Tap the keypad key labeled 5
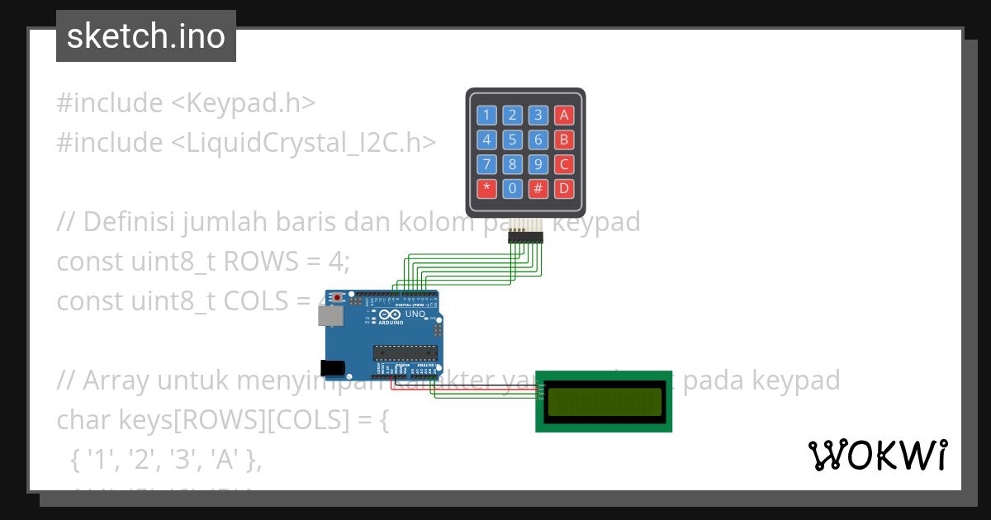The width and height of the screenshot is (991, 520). click(x=513, y=139)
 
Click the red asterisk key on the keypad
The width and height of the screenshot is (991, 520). click(x=486, y=188)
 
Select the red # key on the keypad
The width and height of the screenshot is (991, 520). click(x=538, y=188)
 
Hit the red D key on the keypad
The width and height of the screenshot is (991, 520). click(x=564, y=188)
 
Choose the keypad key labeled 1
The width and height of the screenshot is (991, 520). click(x=486, y=115)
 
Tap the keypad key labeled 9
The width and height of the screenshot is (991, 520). click(x=538, y=163)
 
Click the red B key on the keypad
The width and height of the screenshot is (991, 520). click(x=564, y=139)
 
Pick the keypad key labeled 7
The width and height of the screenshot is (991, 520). click(x=486, y=163)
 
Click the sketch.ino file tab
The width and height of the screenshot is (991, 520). click(x=146, y=36)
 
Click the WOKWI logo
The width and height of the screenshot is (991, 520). click(x=877, y=456)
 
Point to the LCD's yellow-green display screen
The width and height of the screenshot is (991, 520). click(x=604, y=401)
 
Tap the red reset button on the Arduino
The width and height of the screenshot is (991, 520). click(x=337, y=298)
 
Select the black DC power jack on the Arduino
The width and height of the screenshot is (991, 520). click(x=332, y=368)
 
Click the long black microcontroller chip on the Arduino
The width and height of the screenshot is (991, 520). click(x=405, y=352)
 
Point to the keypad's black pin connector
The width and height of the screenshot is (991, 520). click(x=525, y=238)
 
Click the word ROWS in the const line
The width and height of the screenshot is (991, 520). click(x=260, y=262)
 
